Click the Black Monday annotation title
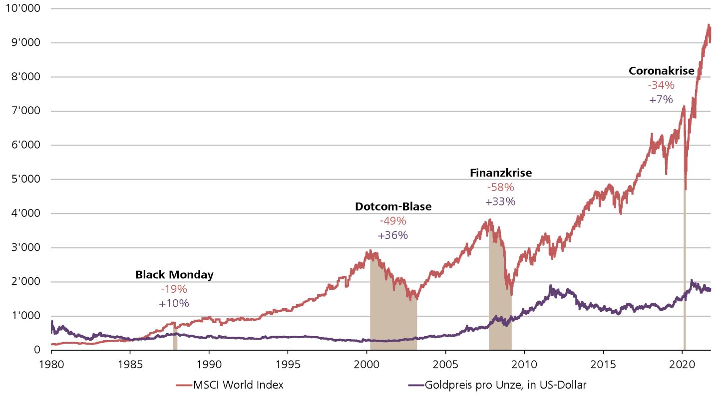tap(174, 275)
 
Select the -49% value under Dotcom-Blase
tap(393, 221)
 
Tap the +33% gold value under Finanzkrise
tap(500, 202)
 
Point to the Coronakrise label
tap(661, 71)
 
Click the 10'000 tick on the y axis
tap(23, 9)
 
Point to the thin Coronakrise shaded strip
tap(684, 274)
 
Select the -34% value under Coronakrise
tap(661, 85)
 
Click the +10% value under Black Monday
tap(174, 303)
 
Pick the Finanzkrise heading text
tap(501, 173)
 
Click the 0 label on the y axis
tap(37, 350)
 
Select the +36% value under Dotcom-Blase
tap(393, 235)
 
